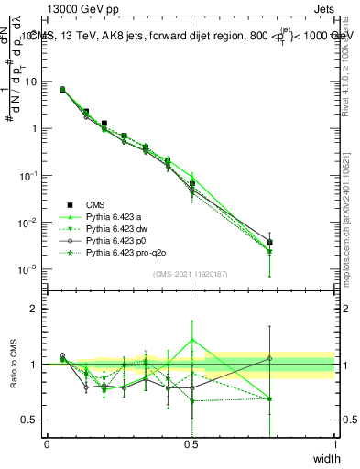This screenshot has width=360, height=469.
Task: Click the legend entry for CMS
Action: [x=95, y=204]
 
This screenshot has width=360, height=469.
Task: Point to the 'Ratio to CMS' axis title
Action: [x=13, y=365]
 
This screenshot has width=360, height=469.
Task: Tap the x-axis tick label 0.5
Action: [x=191, y=444]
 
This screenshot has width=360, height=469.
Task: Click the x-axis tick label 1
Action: [x=334, y=444]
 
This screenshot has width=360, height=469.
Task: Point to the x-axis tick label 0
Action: [x=47, y=444]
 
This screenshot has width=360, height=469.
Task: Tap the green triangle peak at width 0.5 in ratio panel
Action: [x=191, y=339]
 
